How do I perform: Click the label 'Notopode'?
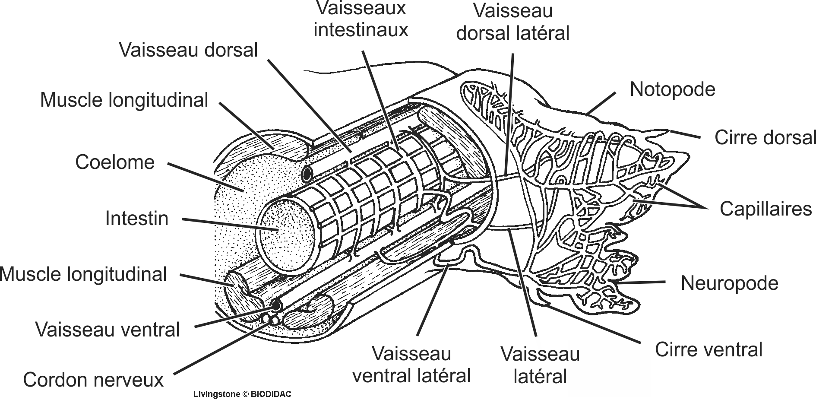[672, 89]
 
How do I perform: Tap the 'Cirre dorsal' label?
[765, 138]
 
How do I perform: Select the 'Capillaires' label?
[765, 209]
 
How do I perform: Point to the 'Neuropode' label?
[729, 283]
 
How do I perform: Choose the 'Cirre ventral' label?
[708, 349]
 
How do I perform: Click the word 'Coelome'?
[115, 162]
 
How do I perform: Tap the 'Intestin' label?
[136, 219]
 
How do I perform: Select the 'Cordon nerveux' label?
[93, 380]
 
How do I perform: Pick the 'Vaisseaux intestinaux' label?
[361, 19]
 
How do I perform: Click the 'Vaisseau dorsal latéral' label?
[513, 22]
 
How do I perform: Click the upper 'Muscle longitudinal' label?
[124, 100]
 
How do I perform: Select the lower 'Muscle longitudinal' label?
[84, 274]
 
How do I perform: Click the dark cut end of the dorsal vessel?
[307, 175]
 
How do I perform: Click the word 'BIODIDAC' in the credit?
[271, 394]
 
